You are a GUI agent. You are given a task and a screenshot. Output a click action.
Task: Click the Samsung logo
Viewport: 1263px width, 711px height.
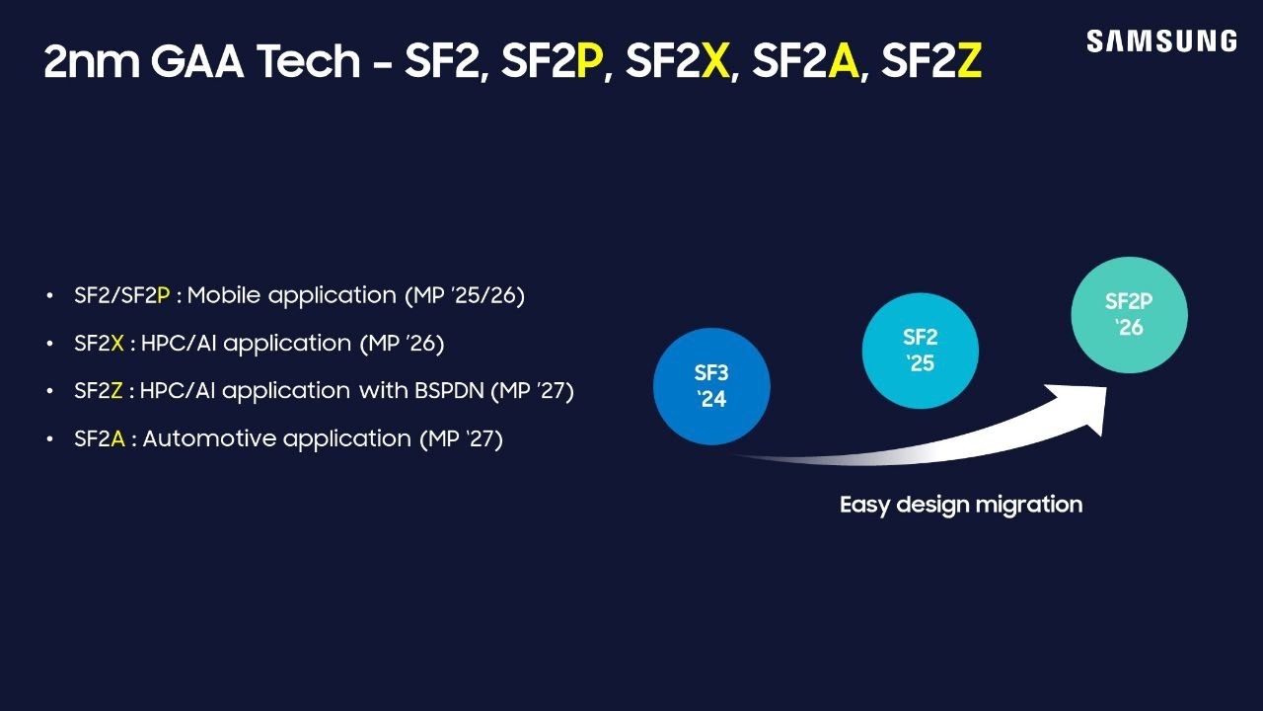coord(1161,41)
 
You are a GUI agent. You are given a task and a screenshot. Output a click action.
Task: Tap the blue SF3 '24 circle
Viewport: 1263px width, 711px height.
coord(711,386)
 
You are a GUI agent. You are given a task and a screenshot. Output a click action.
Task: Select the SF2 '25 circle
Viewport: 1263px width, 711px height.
coord(920,351)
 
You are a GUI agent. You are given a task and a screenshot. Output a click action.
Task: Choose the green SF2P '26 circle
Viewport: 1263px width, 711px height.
coord(1129,314)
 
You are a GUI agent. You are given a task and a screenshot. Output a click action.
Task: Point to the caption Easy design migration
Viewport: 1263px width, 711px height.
coord(960,505)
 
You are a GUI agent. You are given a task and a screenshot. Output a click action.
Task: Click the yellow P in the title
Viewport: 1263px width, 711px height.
coord(588,62)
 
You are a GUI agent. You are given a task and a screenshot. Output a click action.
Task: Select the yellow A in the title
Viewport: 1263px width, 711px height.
coord(843,62)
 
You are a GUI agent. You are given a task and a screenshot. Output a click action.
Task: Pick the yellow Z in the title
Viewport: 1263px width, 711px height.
coord(969,62)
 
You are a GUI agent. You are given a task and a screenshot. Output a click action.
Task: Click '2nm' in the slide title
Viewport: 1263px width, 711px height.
coord(91,62)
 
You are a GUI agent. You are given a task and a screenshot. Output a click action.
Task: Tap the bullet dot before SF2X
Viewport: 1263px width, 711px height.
coord(49,344)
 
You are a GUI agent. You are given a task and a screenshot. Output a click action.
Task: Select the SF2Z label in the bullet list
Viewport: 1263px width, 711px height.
coord(99,390)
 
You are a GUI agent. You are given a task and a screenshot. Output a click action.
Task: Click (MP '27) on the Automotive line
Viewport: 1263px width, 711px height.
coord(461,438)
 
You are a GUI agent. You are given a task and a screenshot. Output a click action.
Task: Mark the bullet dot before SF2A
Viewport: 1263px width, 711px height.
coord(49,439)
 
